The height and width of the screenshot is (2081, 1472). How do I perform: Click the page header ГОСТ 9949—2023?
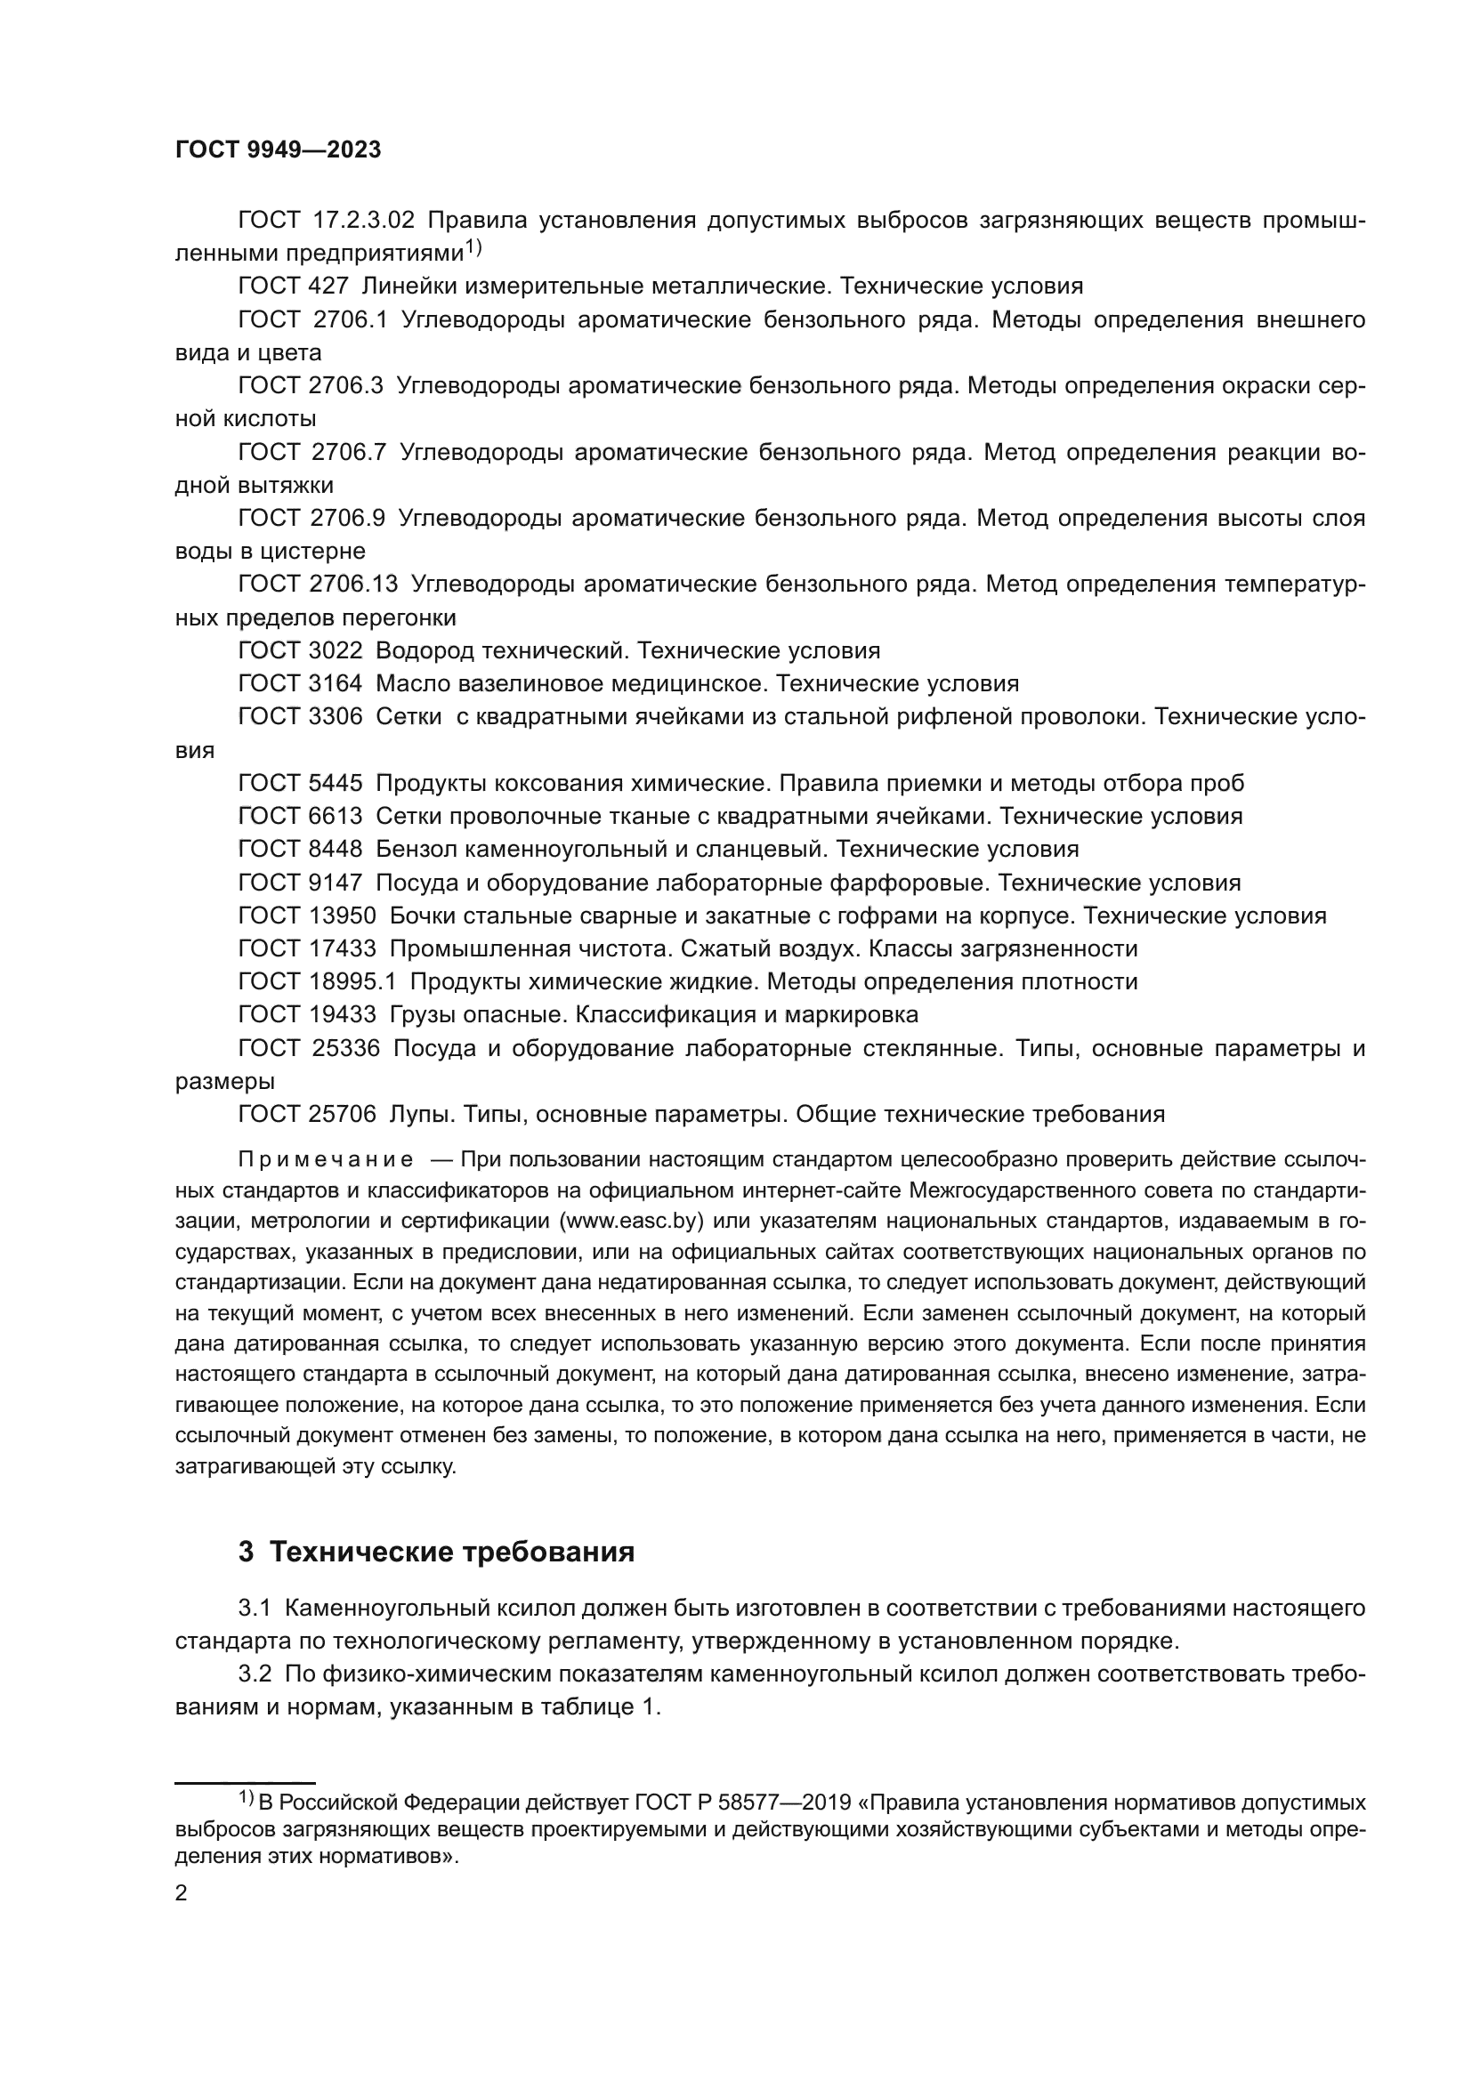point(279,150)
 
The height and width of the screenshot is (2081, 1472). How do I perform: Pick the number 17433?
point(342,949)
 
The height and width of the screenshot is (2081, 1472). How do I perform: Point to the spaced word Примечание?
point(326,1160)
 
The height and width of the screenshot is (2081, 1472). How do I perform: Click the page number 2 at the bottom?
point(182,1893)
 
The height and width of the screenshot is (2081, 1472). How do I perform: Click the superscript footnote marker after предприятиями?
point(474,246)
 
